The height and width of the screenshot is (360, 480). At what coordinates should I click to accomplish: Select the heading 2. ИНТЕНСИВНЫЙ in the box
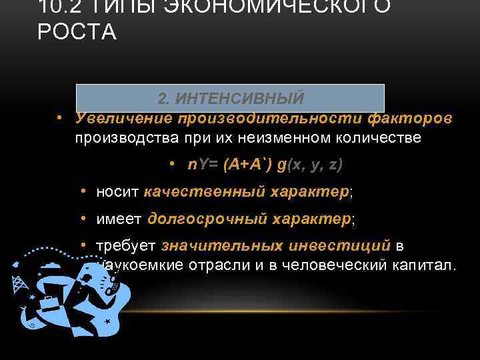[x=231, y=98]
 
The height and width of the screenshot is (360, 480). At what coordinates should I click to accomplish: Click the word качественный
[x=204, y=192]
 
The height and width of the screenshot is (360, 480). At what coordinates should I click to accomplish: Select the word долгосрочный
[x=205, y=219]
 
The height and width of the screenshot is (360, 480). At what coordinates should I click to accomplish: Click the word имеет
[x=119, y=219]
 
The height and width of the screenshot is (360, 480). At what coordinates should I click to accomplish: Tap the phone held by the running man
[x=110, y=287]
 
